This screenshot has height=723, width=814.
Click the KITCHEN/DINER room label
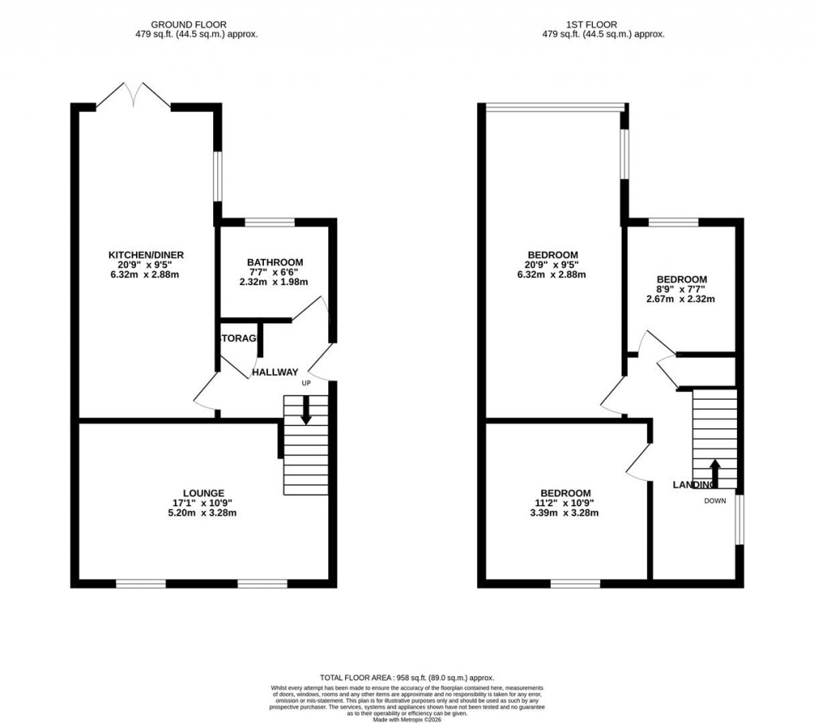point(146,255)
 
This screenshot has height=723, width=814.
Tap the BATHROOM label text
point(274,262)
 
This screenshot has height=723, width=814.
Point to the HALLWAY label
point(275,372)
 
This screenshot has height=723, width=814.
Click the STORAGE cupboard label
point(238,338)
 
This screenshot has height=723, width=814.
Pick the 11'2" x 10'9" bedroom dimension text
point(566,503)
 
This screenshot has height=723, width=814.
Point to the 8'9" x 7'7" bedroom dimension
point(680,289)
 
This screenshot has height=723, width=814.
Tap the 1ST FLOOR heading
point(603,25)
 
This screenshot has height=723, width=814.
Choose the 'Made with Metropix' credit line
point(407,719)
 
